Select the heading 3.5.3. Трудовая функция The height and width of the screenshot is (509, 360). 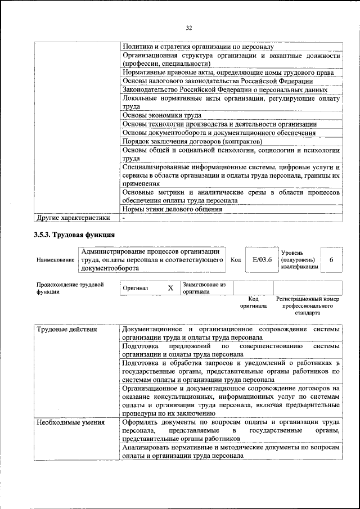[x=74, y=234]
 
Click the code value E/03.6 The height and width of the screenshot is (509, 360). [x=262, y=260]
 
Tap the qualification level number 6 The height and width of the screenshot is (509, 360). [x=332, y=260]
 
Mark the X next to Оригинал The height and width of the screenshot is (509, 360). [x=170, y=289]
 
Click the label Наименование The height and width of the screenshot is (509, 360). [x=55, y=260]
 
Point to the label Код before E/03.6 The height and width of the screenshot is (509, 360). [x=236, y=260]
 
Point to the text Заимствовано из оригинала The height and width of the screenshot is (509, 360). [x=204, y=289]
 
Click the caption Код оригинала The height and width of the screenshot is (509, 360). [x=254, y=303]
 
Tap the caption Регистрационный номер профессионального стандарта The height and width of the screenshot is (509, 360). [x=308, y=307]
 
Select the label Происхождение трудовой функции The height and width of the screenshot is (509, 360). [x=70, y=289]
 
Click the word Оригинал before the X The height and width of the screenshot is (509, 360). [x=136, y=289]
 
